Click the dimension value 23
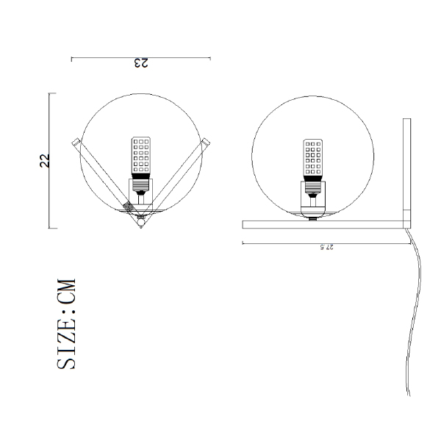pos(140,63)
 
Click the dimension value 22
pos(44,160)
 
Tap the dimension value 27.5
pos(326,247)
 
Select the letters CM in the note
pos(67,291)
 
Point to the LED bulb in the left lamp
pos(141,155)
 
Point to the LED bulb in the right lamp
pos(313,157)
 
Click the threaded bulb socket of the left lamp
pos(141,186)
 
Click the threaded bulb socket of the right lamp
pos(313,188)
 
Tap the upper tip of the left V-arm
pos(74,140)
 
